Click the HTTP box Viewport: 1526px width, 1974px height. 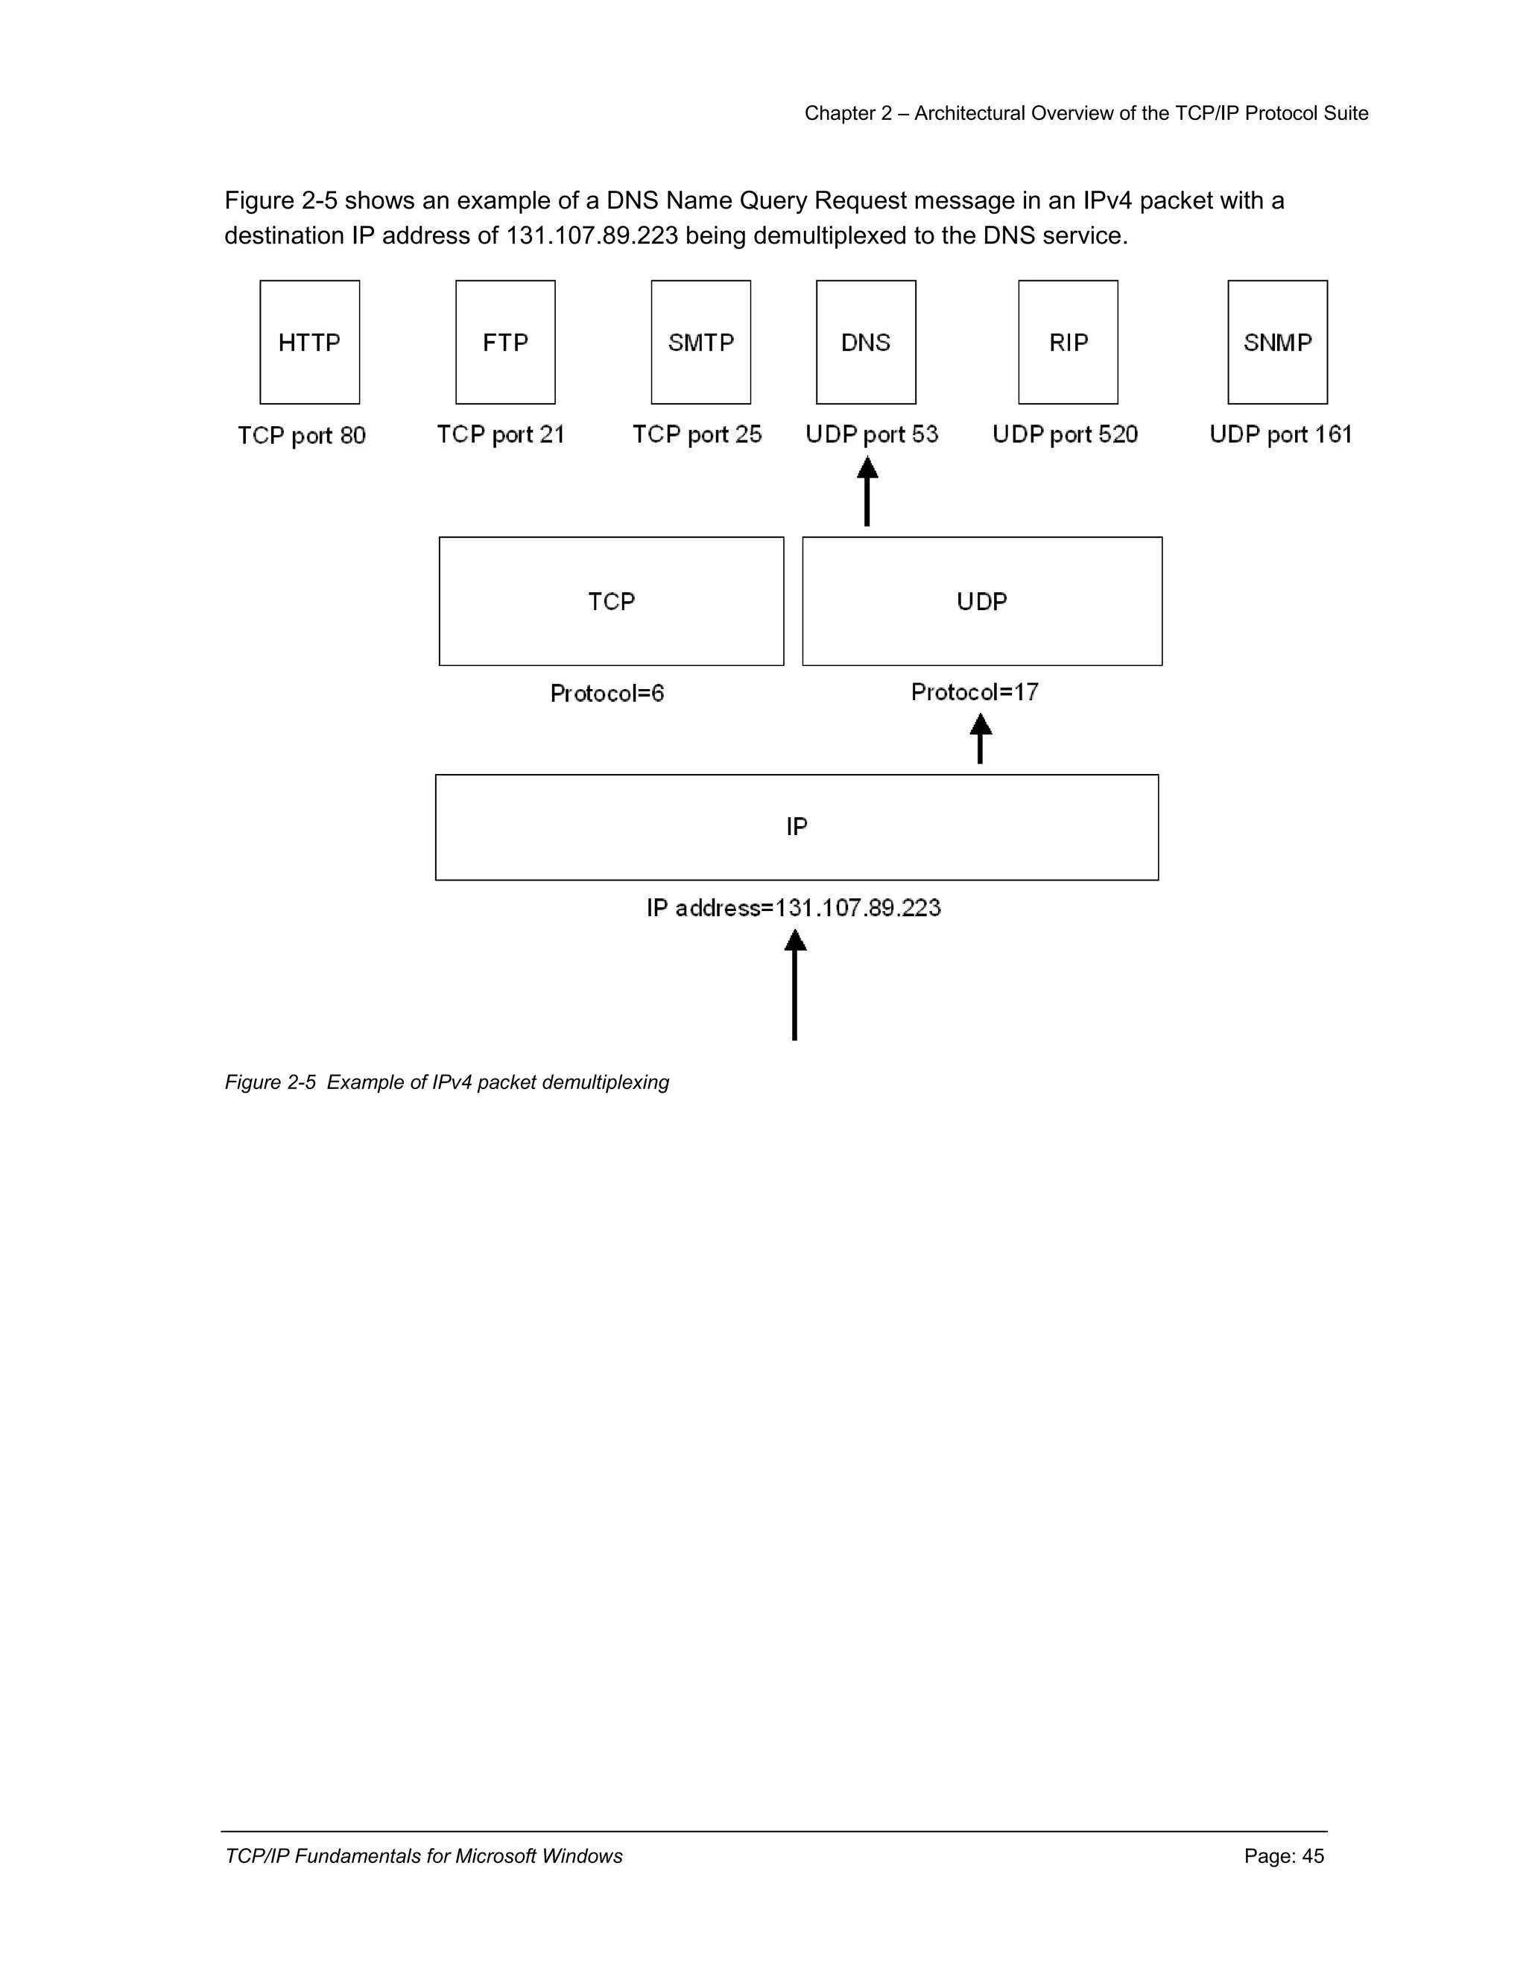[309, 343]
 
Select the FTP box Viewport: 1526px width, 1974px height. [505, 343]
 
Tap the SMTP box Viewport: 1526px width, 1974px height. [700, 343]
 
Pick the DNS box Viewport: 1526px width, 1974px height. [866, 343]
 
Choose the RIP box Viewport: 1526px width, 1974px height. [1068, 343]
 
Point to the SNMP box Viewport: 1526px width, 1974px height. [1277, 343]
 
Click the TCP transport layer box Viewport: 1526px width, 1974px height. [611, 601]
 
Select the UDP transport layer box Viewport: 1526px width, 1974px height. [982, 601]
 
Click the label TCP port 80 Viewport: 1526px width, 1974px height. [302, 436]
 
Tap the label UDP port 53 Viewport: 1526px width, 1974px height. [872, 435]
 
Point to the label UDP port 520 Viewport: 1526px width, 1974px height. [1065, 435]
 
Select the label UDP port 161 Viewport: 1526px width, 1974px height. [1280, 435]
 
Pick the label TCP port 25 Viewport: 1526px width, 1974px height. [697, 435]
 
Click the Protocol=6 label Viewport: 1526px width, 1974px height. [607, 694]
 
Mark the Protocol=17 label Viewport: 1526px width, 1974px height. [975, 692]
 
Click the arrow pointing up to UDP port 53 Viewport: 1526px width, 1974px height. [867, 492]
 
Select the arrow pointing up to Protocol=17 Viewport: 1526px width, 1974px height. [980, 740]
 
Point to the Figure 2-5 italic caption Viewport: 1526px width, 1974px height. [446, 1082]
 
